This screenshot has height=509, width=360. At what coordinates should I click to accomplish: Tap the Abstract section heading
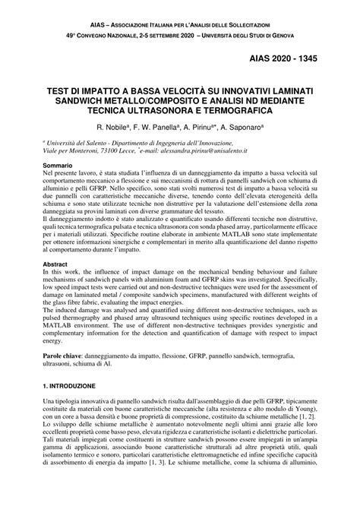pyautogui.click(x=55, y=264)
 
